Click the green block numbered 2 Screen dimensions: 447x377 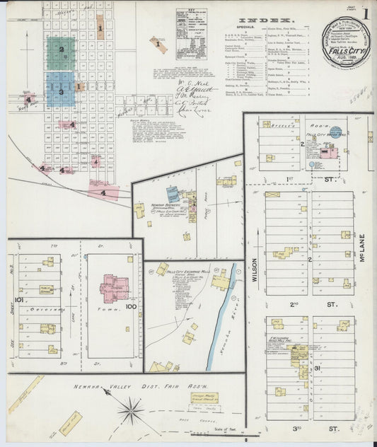pos(62,51)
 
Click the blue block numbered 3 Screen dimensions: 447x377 pos(62,91)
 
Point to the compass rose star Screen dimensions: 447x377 pos(132,409)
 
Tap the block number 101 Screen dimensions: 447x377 pos(18,300)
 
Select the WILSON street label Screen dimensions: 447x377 pos(254,269)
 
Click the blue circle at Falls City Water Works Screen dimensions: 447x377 pos(335,132)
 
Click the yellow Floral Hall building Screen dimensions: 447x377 pos(69,422)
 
